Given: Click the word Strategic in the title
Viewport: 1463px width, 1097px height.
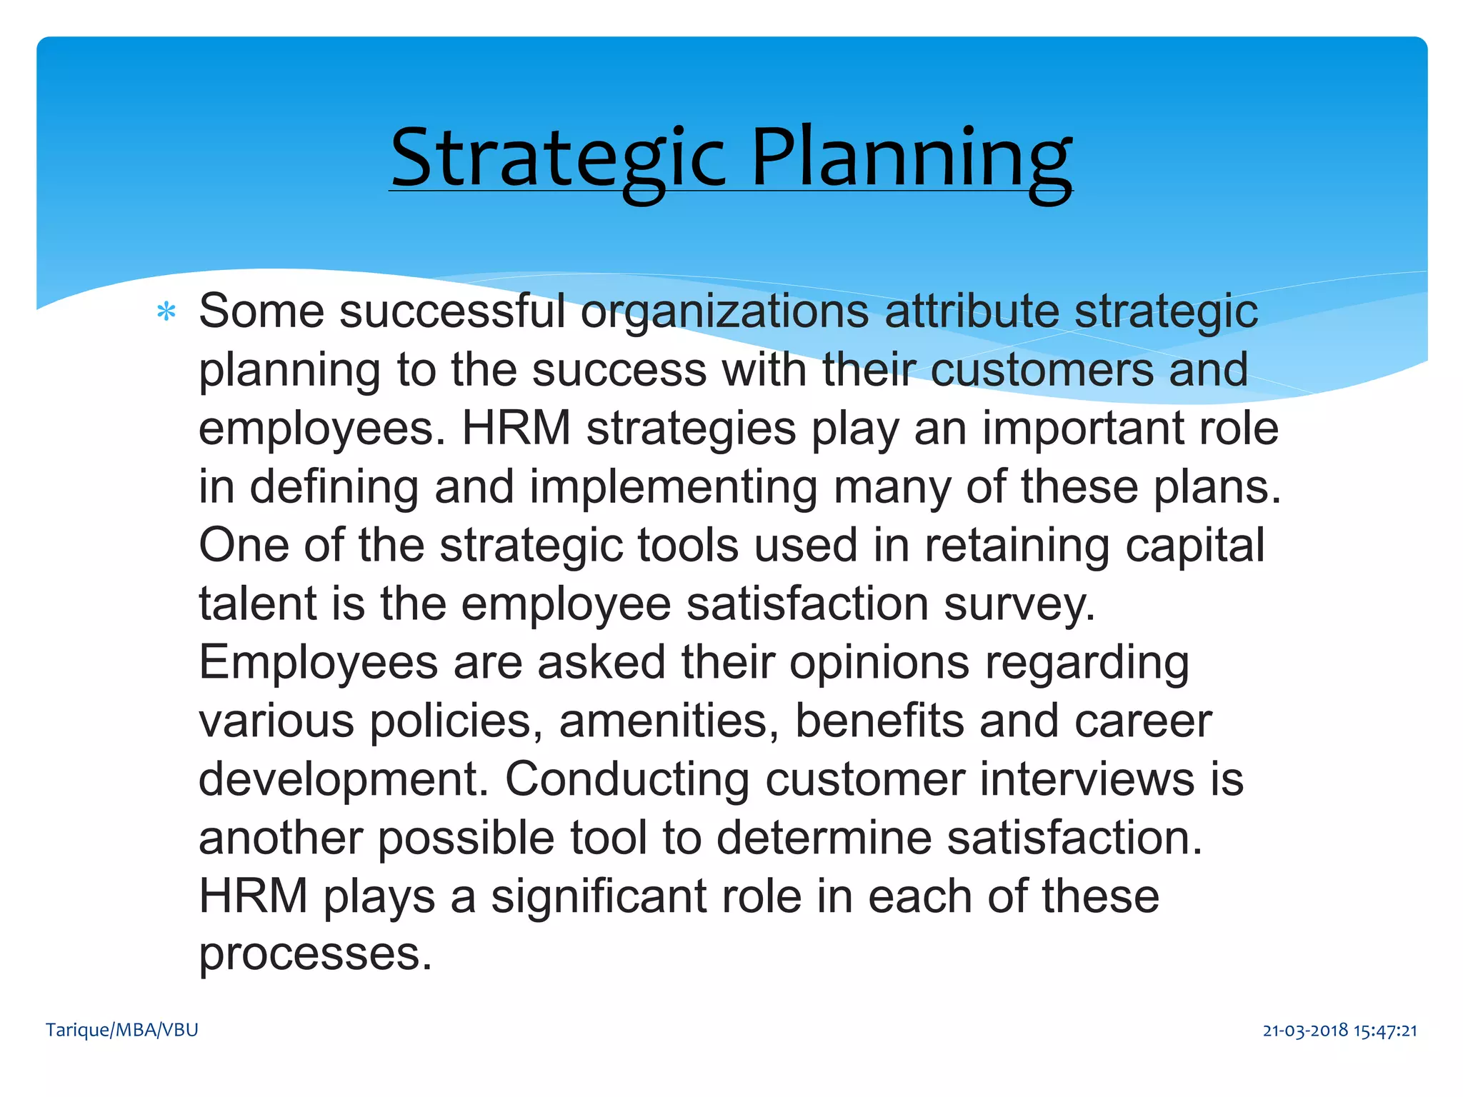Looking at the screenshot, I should [558, 159].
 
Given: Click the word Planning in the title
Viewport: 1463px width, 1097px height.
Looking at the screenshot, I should [912, 159].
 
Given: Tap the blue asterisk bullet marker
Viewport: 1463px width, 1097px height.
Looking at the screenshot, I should [166, 312].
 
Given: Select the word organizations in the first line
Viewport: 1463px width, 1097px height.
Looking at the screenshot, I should [724, 312].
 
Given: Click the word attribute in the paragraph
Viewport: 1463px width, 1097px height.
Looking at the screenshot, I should [972, 312].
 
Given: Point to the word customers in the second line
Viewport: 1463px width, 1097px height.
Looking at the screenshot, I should [1042, 370].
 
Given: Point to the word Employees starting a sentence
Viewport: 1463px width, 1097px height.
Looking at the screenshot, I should [318, 662].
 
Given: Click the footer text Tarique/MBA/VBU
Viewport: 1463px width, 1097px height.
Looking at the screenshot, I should [122, 1030].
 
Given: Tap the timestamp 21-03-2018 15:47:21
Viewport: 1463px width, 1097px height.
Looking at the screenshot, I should [1339, 1031].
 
